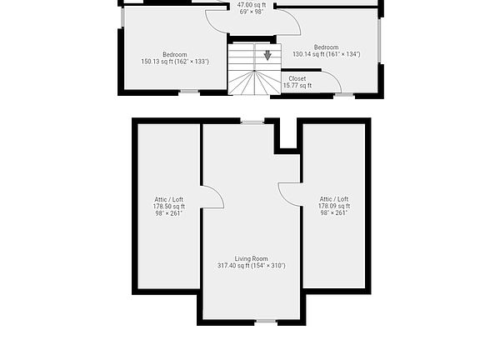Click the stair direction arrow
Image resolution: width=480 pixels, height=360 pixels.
click(267, 56)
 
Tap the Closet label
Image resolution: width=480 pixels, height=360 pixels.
click(297, 78)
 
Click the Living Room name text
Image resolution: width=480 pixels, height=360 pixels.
click(252, 258)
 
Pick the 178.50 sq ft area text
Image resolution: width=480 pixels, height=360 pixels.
click(168, 207)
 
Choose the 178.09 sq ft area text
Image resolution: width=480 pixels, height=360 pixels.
click(334, 206)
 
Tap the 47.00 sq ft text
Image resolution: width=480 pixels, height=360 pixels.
click(252, 5)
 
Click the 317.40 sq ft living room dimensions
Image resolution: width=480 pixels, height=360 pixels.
click(252, 266)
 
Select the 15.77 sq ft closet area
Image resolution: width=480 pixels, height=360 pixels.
click(297, 85)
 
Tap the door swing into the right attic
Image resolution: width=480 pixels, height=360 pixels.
click(288, 193)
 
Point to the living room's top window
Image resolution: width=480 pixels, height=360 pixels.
click(252, 122)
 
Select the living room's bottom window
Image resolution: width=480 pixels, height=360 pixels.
click(265, 321)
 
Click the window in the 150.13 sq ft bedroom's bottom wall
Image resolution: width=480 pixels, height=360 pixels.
click(189, 92)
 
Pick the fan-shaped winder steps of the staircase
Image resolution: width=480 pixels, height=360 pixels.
click(253, 83)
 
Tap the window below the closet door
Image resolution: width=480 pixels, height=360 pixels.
click(344, 95)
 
